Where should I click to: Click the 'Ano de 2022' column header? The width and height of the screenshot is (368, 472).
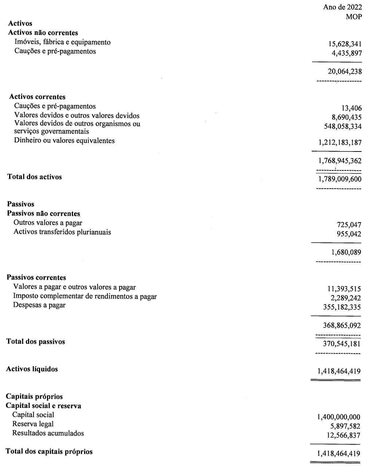[x=342, y=7]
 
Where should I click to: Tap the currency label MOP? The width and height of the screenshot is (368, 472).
[x=354, y=17]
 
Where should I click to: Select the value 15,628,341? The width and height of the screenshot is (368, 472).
[x=345, y=44]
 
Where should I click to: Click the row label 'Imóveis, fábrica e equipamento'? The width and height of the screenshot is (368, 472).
[x=62, y=42]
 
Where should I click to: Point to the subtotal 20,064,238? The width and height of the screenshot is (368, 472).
[x=345, y=71]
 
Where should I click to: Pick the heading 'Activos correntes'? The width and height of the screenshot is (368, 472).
[x=37, y=97]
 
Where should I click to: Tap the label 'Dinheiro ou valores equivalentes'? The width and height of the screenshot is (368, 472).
[x=64, y=141]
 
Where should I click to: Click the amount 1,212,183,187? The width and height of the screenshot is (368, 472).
[x=340, y=142]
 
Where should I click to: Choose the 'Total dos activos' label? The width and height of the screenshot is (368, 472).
[x=35, y=177]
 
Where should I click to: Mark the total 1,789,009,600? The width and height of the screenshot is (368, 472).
[x=340, y=179]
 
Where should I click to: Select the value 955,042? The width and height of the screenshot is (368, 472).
[x=349, y=234]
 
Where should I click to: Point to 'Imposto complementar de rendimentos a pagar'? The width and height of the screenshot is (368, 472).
[x=85, y=296]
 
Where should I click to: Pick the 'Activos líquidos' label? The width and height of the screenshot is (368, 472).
[x=32, y=369]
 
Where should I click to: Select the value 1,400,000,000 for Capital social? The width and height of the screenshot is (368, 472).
[x=339, y=417]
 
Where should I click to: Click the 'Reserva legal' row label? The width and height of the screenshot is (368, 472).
[x=33, y=424]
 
